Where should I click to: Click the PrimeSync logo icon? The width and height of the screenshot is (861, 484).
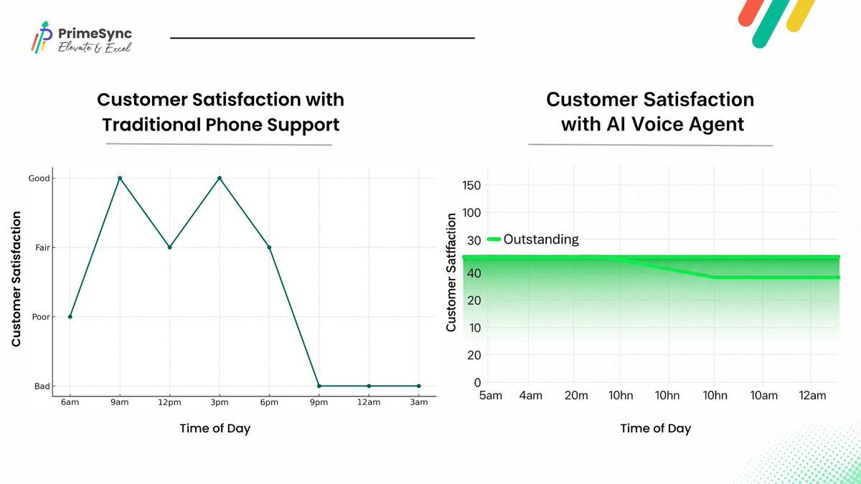click(x=42, y=37)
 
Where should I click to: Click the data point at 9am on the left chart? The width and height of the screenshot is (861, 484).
click(x=120, y=179)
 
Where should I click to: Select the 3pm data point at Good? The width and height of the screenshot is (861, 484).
click(x=220, y=179)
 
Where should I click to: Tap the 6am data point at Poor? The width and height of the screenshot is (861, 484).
click(x=70, y=316)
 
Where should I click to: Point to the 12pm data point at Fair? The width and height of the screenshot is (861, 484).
click(x=169, y=247)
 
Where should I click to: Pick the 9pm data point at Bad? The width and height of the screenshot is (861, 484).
click(x=319, y=386)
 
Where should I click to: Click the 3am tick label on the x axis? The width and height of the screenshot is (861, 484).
click(x=418, y=402)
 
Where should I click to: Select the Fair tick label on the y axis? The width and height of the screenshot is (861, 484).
click(x=42, y=248)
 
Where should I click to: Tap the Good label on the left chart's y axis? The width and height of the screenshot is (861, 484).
click(x=39, y=179)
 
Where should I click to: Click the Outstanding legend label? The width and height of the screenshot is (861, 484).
click(x=541, y=239)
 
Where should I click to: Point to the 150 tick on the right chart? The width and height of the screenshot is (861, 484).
click(x=471, y=186)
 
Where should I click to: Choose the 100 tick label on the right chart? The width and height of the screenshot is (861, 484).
click(x=471, y=213)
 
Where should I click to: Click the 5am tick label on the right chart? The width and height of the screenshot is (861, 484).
click(x=491, y=395)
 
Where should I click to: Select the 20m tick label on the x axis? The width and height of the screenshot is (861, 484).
click(x=576, y=395)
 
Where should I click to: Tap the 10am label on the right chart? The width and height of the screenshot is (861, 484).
click(x=763, y=395)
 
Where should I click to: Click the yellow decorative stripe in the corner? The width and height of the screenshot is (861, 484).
click(x=801, y=14)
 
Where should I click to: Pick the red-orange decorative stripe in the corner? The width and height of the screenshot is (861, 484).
click(x=751, y=12)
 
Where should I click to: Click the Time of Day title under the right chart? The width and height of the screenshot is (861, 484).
click(x=656, y=428)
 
